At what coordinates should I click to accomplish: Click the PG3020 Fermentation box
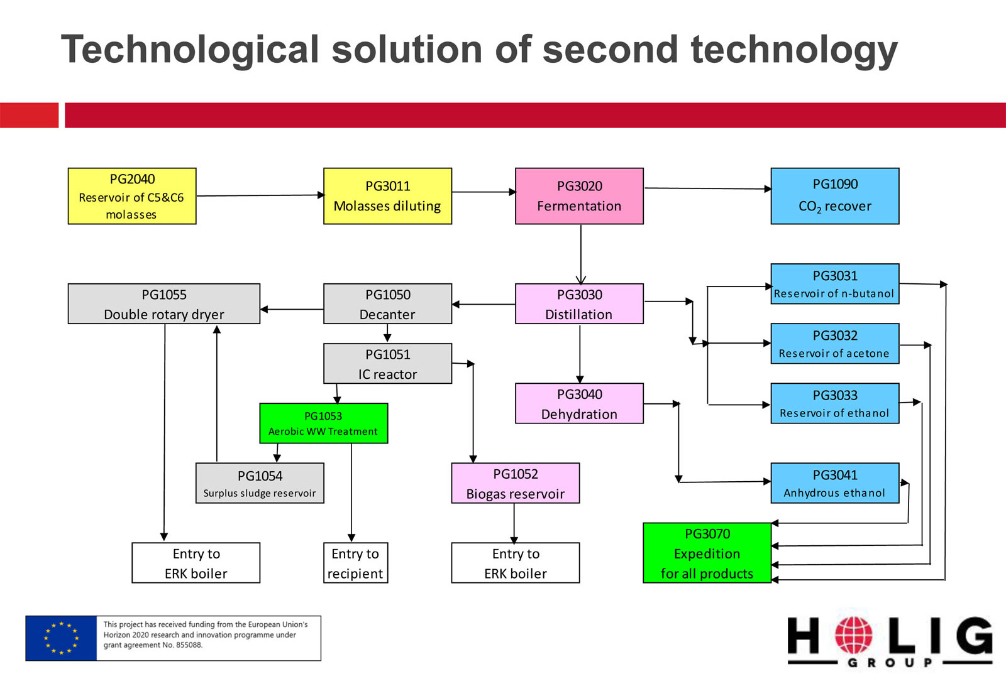(x=579, y=196)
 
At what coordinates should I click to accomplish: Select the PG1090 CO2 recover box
(x=835, y=196)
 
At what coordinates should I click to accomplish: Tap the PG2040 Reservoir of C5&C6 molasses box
(x=132, y=196)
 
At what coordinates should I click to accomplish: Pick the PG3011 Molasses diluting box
(x=387, y=196)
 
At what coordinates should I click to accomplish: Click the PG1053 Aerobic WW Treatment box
(x=323, y=423)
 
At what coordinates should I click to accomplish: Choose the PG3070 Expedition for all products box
(x=707, y=553)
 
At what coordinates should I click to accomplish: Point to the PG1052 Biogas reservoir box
(x=515, y=483)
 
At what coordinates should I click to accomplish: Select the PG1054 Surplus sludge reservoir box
(x=260, y=483)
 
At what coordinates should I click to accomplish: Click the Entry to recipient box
(x=355, y=563)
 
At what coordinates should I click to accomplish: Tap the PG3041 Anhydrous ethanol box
(x=835, y=483)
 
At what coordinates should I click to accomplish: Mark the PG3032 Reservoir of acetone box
(x=835, y=343)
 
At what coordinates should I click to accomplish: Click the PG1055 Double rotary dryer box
(x=164, y=304)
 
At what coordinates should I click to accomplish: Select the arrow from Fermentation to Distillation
(x=581, y=254)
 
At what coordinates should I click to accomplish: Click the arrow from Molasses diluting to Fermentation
(x=484, y=192)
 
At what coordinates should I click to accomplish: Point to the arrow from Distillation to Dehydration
(x=580, y=354)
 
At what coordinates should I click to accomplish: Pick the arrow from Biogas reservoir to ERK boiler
(x=514, y=523)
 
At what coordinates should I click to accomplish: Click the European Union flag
(x=61, y=638)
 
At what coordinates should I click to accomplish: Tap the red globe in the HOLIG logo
(x=854, y=635)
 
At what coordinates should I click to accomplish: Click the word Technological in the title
(x=190, y=50)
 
